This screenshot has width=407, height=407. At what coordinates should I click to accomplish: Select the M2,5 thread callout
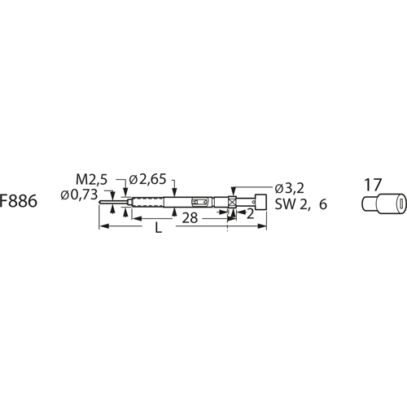[x=91, y=179]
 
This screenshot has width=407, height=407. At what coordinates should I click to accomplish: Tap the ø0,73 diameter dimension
[x=79, y=195]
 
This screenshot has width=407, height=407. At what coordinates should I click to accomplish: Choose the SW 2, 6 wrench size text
[x=300, y=205]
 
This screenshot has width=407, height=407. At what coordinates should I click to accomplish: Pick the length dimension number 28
[x=190, y=218]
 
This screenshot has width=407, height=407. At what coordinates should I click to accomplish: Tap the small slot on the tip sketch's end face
[x=398, y=203]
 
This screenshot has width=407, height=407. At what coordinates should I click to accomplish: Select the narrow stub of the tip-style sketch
[x=369, y=204]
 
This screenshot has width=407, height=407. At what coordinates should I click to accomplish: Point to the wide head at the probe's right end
[x=260, y=202]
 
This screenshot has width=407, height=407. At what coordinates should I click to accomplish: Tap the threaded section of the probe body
[x=146, y=202]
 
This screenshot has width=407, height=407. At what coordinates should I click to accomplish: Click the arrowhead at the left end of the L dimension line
[x=102, y=230]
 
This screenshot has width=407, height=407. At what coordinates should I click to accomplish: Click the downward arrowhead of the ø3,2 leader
[x=234, y=191]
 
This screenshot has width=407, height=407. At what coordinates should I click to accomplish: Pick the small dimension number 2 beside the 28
[x=239, y=215]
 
